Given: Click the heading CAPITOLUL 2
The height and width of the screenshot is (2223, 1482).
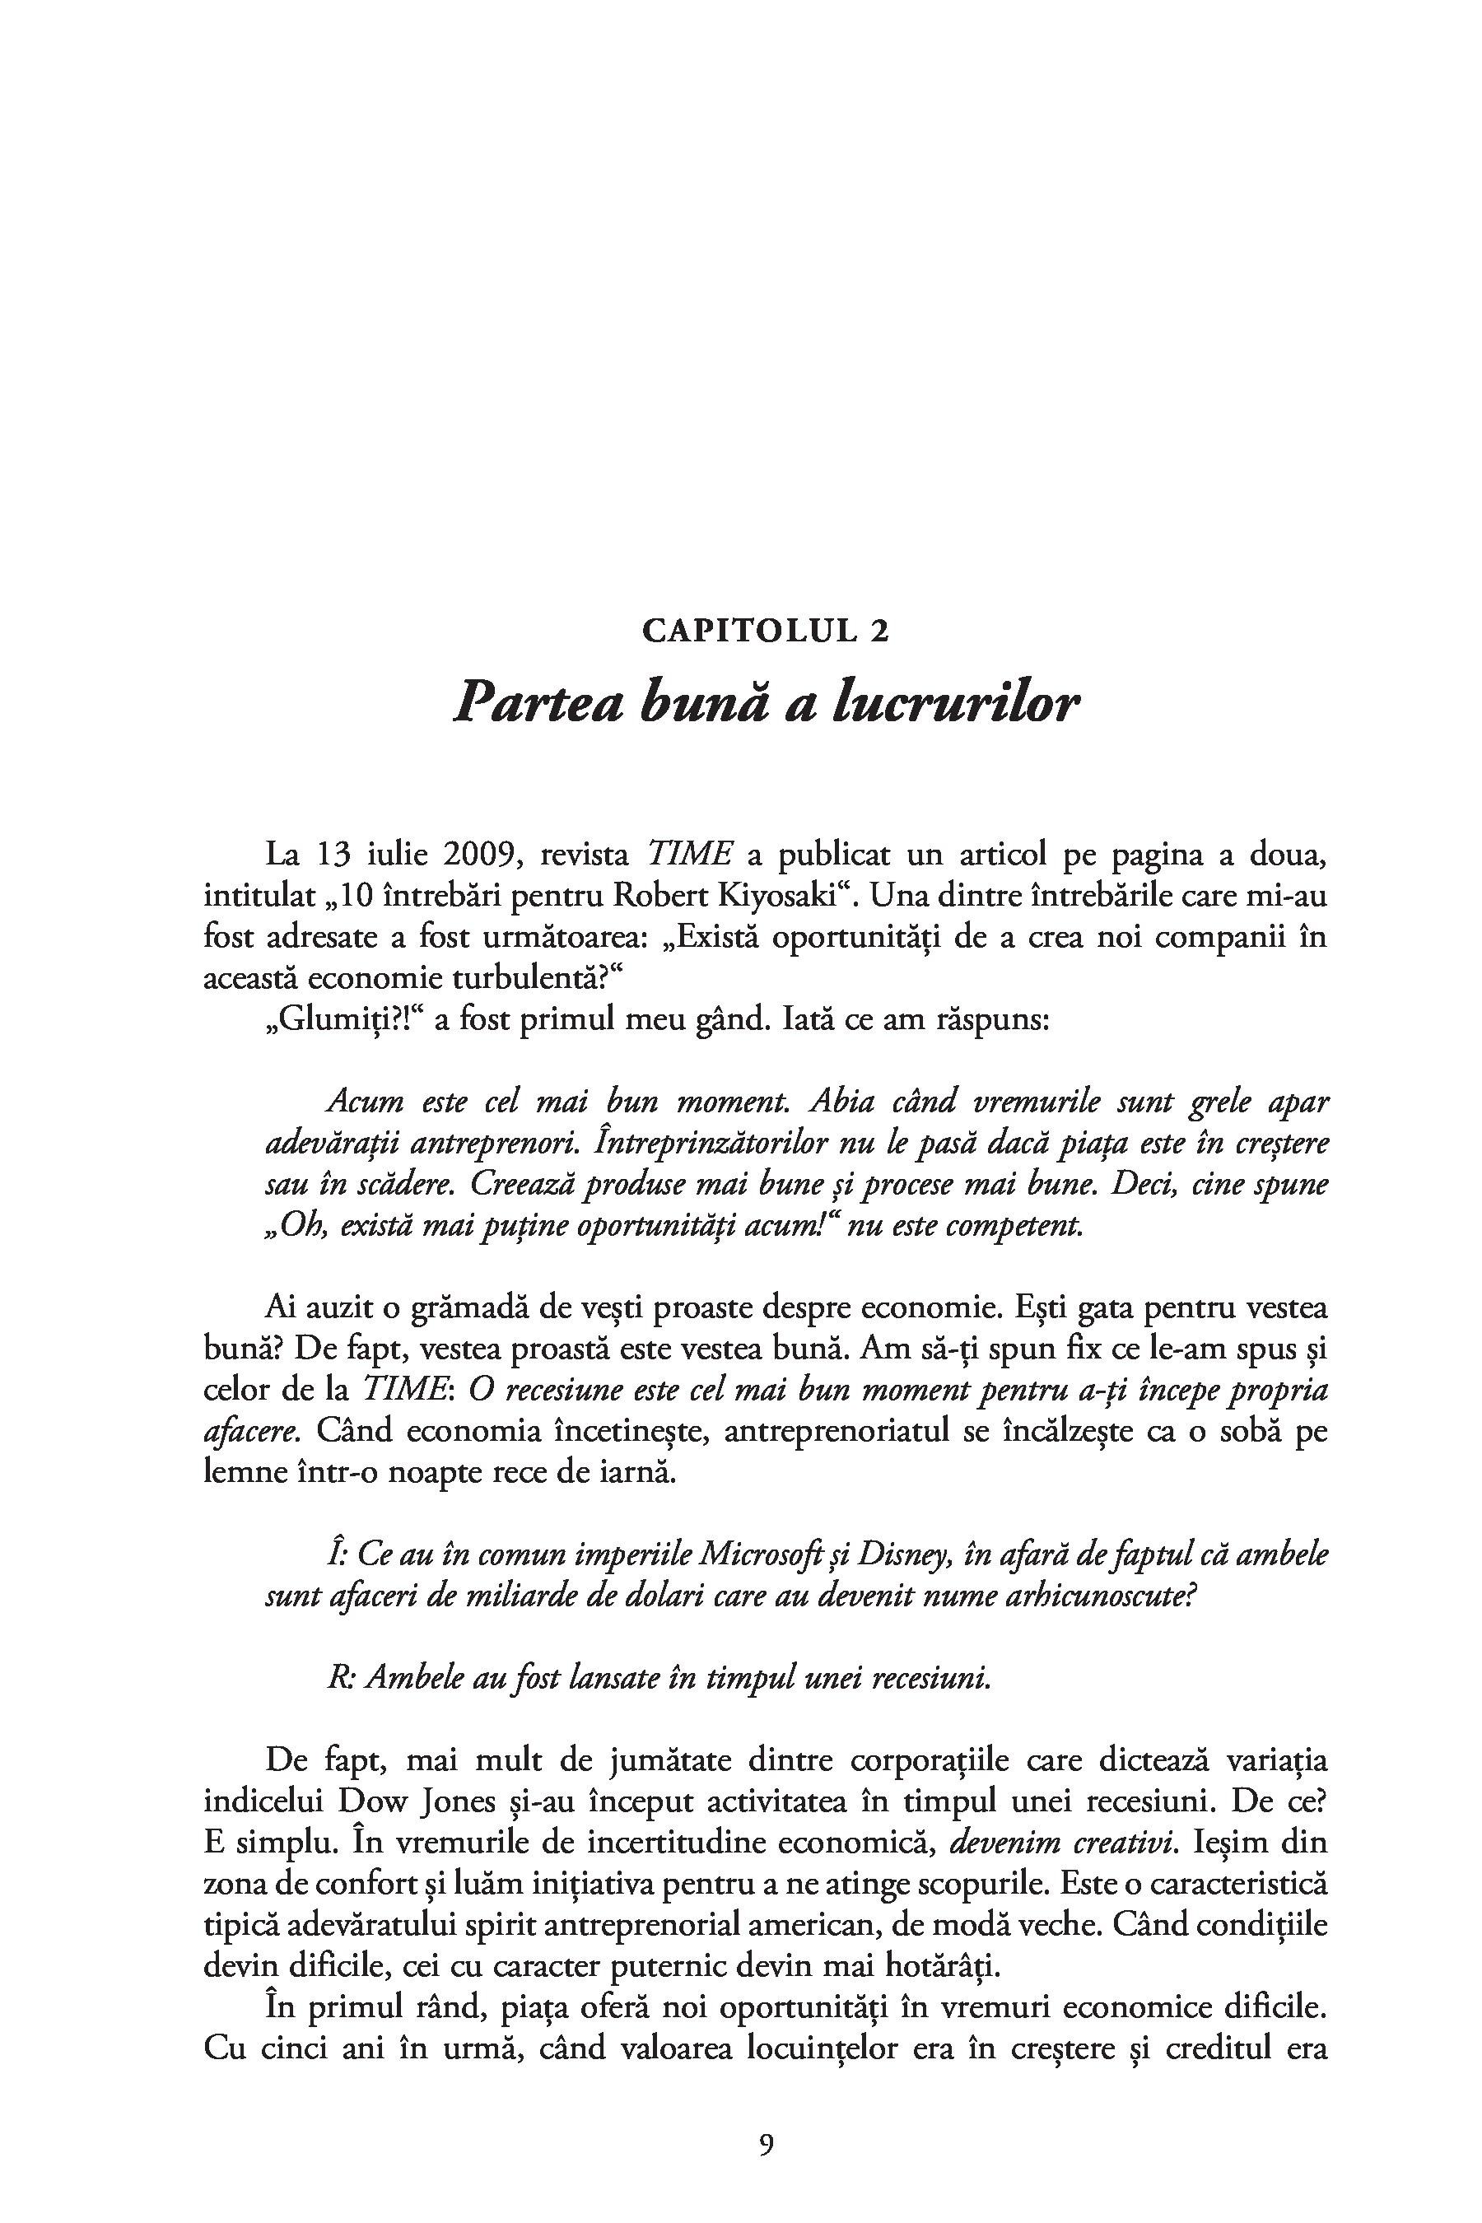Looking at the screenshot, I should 766,631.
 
